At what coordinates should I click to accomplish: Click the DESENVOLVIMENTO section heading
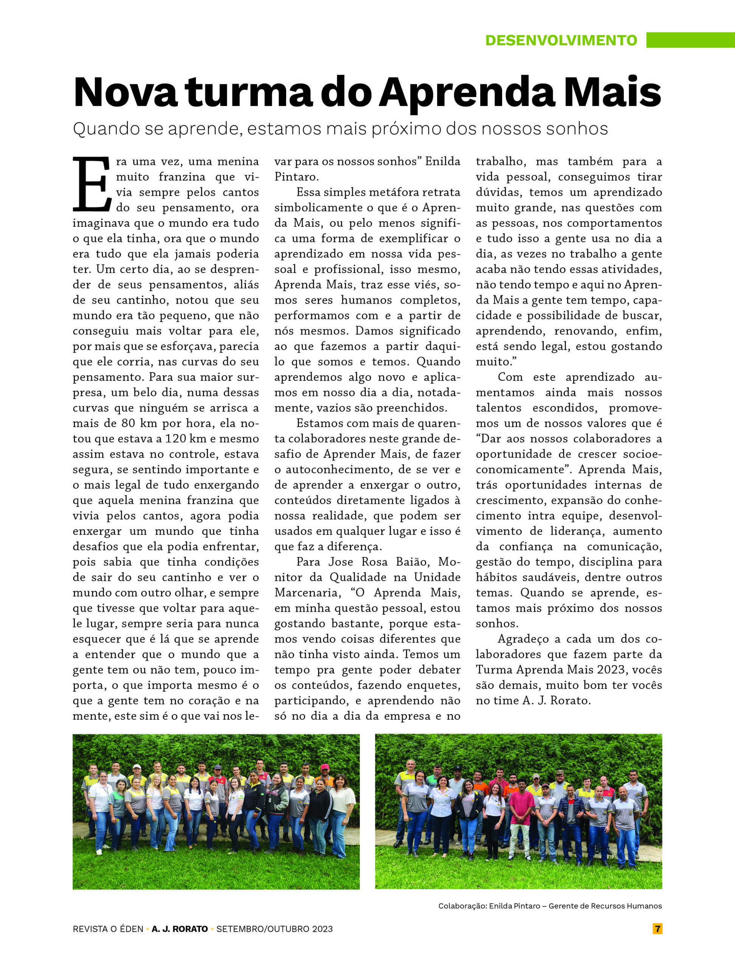coord(561,40)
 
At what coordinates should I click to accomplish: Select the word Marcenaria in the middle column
coord(307,593)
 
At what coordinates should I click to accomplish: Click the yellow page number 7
coord(657,928)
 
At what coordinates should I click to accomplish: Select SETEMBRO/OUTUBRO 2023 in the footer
coord(274,929)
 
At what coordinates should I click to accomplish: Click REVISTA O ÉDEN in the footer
coord(108,929)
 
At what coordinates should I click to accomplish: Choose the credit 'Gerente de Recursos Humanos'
coord(605,906)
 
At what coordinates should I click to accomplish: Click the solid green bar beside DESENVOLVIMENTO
coord(690,40)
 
